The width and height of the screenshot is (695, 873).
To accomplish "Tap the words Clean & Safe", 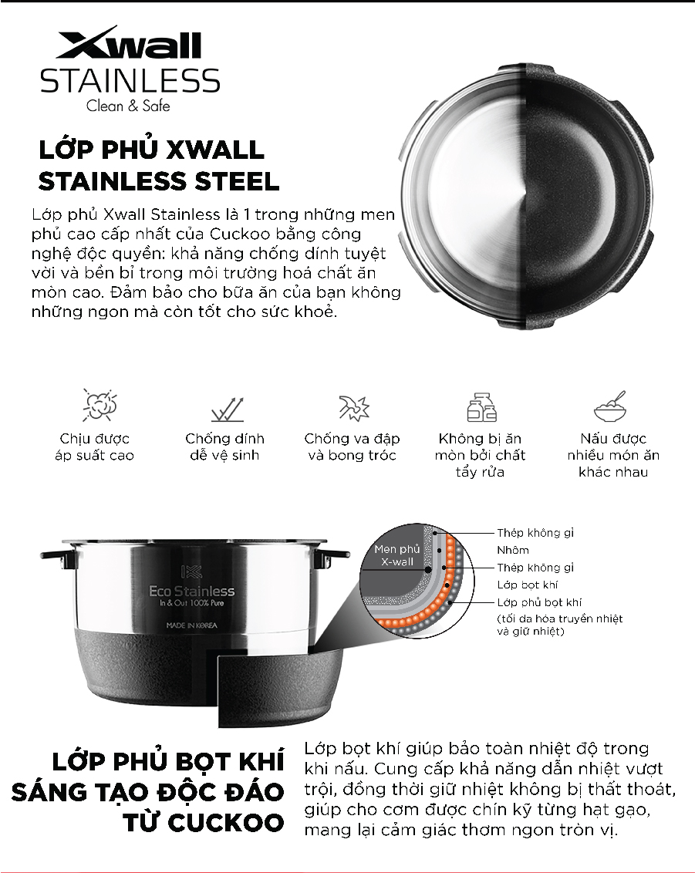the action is coord(128,105).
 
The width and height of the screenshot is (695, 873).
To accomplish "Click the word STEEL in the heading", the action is coord(237,181).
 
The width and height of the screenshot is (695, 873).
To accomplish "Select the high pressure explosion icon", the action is coord(100,405).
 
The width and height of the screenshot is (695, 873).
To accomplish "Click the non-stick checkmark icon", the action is coord(228,409).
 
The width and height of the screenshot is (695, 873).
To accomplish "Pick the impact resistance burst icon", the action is coord(354,407).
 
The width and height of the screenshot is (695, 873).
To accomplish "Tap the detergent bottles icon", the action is coord(481,406).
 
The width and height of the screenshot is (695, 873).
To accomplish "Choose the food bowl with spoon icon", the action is coord(610,406).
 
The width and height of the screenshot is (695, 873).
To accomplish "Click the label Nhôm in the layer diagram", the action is coord(513,550).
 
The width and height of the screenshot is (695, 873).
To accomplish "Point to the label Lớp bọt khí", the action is coord(528,585).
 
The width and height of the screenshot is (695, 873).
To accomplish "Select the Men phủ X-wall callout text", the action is coord(397,555).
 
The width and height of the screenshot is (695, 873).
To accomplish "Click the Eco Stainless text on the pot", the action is coord(191,591).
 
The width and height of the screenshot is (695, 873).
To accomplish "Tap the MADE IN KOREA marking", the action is coord(191,625).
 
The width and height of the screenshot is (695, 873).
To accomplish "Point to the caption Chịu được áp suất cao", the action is coord(95,447).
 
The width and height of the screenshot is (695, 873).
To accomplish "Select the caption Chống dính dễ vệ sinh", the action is coord(225,447).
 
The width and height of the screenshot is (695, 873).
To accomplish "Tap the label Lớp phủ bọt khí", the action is coord(540,602).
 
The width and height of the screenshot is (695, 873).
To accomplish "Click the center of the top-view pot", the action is coord(526,196).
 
